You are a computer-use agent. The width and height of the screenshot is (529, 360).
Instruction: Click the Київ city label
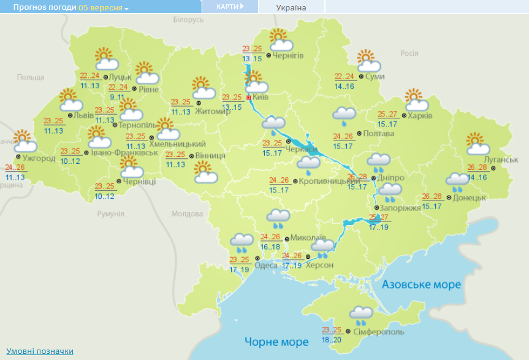(x=262, y=97)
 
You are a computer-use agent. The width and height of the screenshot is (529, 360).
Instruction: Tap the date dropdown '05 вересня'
(x=104, y=8)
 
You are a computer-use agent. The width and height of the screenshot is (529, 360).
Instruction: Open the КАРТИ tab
(x=230, y=7)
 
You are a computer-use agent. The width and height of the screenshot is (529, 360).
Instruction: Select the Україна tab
(x=291, y=8)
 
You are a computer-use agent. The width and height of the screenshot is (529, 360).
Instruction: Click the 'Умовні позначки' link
(x=40, y=351)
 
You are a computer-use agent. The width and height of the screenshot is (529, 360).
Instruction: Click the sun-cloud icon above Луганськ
(x=478, y=144)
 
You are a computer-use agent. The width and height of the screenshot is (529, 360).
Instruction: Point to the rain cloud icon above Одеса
(x=242, y=243)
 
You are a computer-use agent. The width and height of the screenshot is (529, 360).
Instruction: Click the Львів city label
(x=84, y=115)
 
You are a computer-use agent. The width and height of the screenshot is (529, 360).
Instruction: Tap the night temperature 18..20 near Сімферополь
(x=331, y=339)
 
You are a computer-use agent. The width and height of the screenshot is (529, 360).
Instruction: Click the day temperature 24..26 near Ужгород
(x=15, y=168)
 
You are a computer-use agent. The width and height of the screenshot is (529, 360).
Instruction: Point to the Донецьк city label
(x=470, y=197)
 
